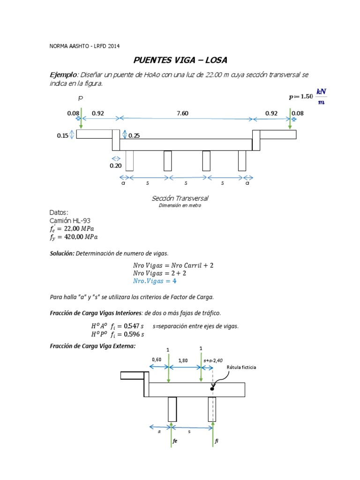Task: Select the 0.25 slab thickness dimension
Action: tap(134, 135)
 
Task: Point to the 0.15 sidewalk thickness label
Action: tap(62, 135)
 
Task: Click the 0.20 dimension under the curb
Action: tap(115, 165)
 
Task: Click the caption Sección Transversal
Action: tap(180, 198)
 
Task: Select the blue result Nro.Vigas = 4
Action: tap(154, 281)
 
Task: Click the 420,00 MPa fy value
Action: tap(82, 237)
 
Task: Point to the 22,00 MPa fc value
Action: tap(82, 228)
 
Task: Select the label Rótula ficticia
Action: tap(241, 368)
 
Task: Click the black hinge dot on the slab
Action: tap(212, 388)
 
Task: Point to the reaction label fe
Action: tap(175, 441)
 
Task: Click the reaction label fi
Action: tap(216, 441)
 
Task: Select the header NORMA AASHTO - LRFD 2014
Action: tap(84, 46)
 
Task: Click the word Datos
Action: tap(59, 212)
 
